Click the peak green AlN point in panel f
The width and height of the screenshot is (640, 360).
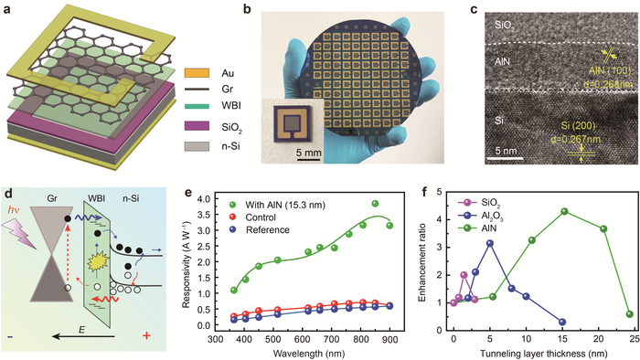pyautogui.click(x=564, y=211)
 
